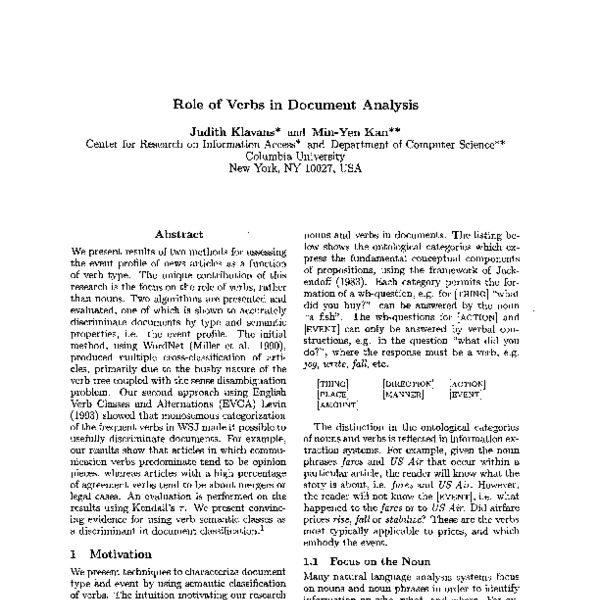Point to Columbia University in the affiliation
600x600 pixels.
coord(298,156)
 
